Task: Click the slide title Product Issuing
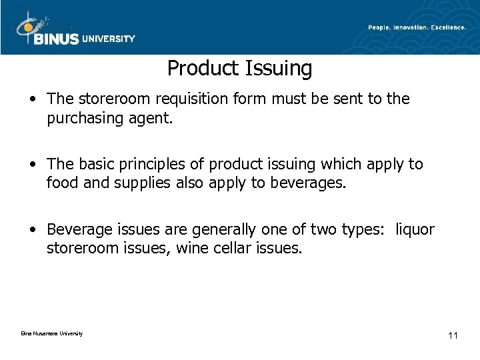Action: pos(239,68)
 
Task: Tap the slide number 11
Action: pos(453,335)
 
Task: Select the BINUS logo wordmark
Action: pos(57,39)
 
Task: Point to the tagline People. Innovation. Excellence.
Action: pos(417,27)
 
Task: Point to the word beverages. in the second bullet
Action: pos(309,182)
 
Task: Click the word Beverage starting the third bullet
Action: pos(77,230)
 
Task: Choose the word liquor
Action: pos(415,230)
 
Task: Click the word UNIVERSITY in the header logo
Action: pos(109,39)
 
